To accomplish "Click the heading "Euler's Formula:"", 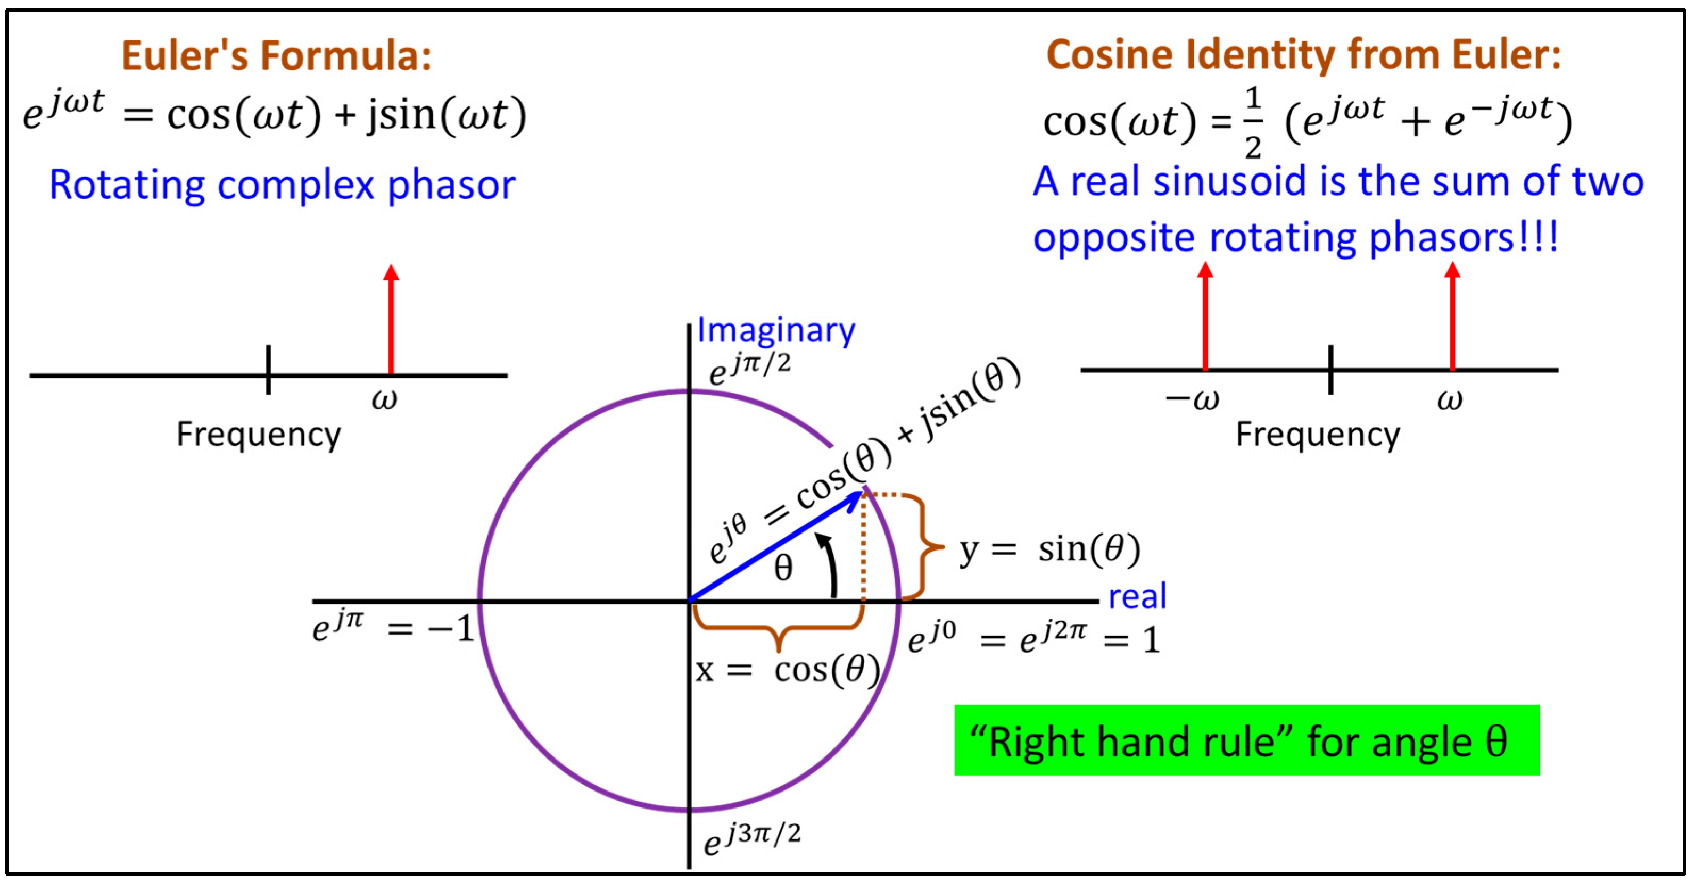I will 276,55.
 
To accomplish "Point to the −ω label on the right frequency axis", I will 1192,399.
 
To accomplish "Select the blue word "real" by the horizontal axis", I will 1137,596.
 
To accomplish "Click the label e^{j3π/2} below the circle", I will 752,838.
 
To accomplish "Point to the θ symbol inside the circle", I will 783,568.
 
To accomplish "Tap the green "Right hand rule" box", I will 1246,740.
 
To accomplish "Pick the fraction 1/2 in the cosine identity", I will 1253,123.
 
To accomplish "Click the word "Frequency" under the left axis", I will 259,435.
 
